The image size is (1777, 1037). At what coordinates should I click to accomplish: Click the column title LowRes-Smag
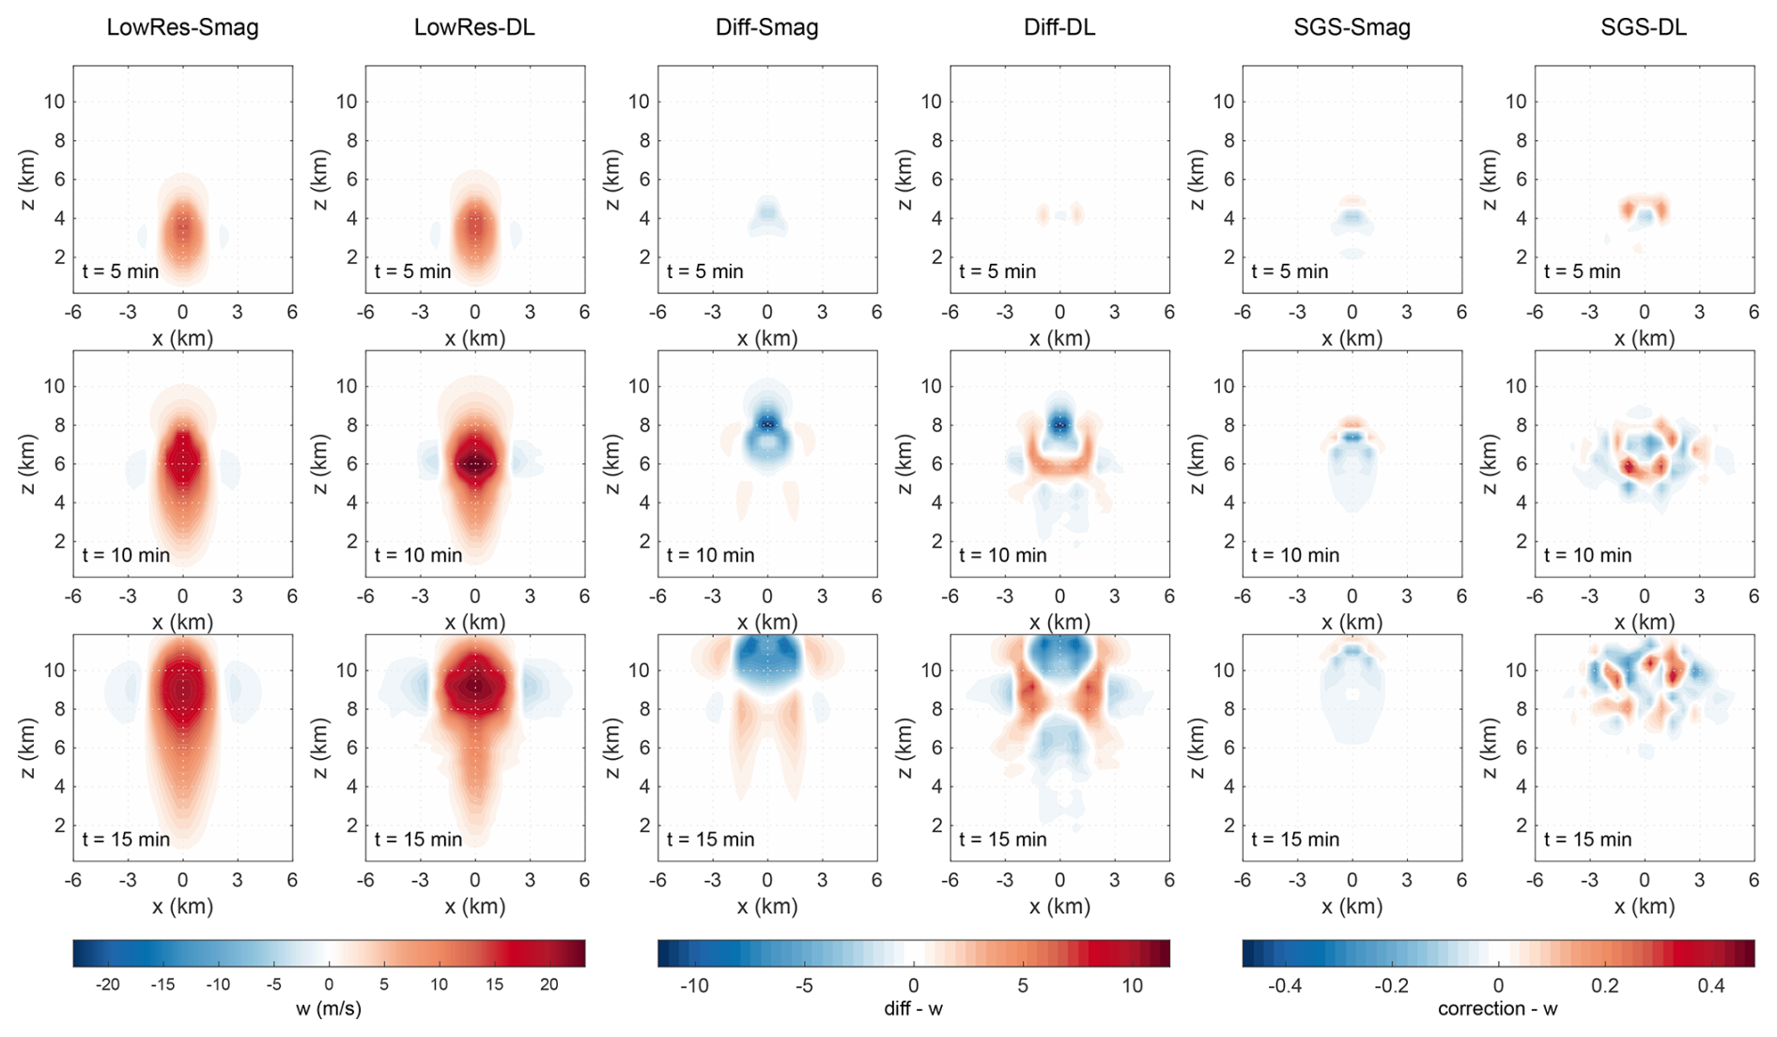point(182,27)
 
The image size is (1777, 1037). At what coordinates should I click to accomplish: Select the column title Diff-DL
point(1059,27)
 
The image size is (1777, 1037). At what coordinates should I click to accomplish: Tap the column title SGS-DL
point(1644,27)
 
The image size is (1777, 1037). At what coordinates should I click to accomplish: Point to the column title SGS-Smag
point(1352,27)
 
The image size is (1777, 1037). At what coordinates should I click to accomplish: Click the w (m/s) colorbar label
point(328,1010)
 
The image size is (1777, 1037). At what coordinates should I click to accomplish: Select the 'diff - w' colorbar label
point(913,1010)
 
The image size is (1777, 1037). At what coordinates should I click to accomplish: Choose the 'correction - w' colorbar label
point(1497,1010)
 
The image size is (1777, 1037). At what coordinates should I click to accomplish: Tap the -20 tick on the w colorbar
point(108,985)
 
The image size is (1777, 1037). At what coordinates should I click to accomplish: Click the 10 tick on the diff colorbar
point(1132,985)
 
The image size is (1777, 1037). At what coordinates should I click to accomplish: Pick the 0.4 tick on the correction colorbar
point(1711,985)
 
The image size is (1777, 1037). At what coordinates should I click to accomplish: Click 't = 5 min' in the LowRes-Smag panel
point(120,271)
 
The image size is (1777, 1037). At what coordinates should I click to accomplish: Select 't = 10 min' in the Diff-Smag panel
point(710,555)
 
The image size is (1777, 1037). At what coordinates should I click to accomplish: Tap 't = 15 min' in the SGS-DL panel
point(1587,840)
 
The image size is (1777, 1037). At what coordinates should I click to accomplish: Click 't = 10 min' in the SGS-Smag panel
point(1295,555)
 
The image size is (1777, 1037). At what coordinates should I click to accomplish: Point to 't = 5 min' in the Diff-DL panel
point(997,271)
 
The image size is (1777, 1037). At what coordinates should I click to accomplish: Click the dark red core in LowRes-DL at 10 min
point(475,463)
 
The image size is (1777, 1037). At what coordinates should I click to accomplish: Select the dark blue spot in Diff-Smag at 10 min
point(768,425)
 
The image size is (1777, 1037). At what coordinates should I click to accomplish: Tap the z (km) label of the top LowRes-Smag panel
point(27,179)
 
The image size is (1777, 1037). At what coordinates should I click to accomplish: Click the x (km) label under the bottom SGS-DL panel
point(1644,906)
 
